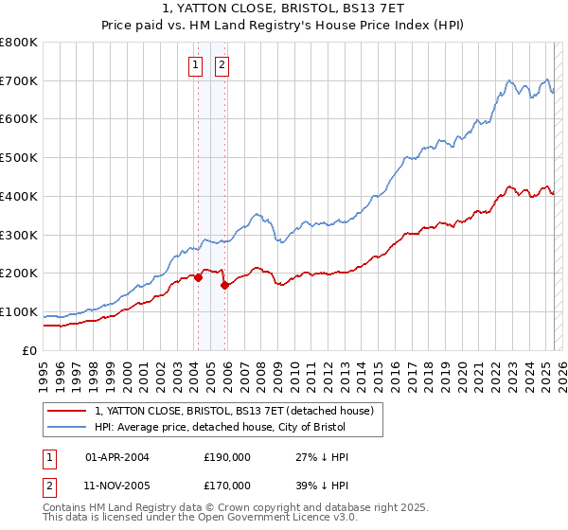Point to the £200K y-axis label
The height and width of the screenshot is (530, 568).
tap(19, 273)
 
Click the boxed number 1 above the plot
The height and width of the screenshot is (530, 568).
tap(195, 65)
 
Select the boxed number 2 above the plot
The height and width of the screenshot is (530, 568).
tap(222, 65)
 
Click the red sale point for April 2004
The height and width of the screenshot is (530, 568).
tap(198, 277)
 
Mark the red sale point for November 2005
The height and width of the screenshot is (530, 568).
tap(225, 285)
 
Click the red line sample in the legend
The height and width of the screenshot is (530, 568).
tap(67, 411)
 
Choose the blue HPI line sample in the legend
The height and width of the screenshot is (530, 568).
tap(67, 427)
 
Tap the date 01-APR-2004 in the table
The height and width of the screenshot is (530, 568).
tap(117, 457)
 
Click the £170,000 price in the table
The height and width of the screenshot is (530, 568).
tap(227, 486)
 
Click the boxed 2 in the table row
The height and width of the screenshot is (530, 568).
tap(48, 486)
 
